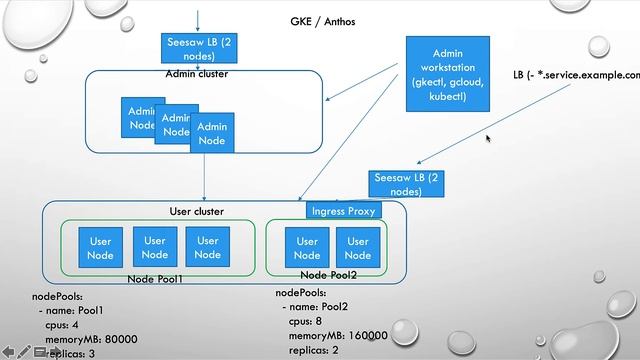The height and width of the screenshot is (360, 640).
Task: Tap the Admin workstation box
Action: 447,73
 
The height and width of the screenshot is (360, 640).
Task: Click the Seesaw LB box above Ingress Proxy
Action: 405,183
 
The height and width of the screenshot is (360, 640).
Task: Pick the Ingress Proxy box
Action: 342,211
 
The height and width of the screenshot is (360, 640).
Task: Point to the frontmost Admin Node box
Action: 212,134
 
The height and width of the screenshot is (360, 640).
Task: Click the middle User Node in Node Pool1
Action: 154,247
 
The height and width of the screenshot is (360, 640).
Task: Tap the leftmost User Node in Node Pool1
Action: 101,247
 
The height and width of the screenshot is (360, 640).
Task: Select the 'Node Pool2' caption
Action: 328,274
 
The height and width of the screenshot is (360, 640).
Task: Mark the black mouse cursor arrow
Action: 489,139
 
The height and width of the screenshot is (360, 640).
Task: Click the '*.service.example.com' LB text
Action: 591,75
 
